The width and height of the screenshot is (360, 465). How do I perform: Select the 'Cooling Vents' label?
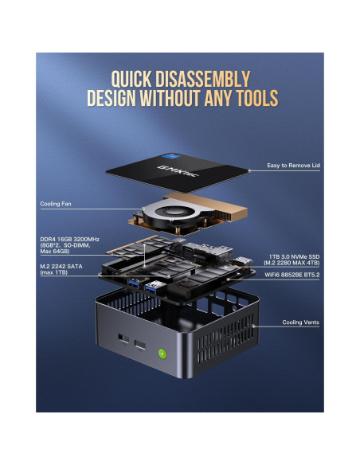(303, 322)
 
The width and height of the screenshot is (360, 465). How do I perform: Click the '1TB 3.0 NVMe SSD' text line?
(293, 256)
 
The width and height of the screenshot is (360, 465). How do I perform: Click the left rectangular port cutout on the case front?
(122, 338)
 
